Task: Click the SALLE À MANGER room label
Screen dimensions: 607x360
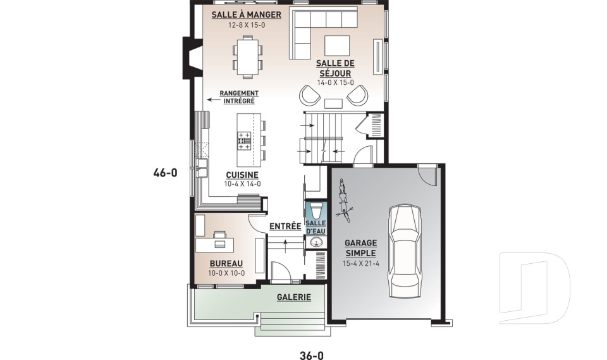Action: pos(246,15)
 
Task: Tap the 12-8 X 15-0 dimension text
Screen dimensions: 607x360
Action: pos(246,25)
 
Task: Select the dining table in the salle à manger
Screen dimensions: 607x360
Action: pos(247,57)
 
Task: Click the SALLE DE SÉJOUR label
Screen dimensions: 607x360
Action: pos(335,68)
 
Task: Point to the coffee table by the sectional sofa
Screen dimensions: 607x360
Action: pos(337,46)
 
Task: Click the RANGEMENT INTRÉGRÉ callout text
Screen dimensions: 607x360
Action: pos(239,97)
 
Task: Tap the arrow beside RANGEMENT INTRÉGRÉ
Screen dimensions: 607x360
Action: pos(212,99)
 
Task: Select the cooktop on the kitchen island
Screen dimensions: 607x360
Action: pos(244,140)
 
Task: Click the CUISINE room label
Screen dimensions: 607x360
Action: pos(242,175)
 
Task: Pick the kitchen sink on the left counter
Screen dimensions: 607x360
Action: pos(202,168)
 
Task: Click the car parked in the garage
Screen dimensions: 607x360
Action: pos(405,251)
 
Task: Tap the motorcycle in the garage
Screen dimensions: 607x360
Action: pos(344,201)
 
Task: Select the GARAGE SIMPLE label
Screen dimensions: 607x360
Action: pos(360,248)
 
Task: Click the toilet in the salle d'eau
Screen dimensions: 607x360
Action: pos(316,211)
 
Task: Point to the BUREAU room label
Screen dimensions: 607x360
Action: pos(226,264)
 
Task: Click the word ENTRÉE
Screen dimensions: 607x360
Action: pos(285,227)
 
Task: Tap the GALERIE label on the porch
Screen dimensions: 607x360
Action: pos(294,297)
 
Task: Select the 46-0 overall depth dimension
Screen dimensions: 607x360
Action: pos(165,173)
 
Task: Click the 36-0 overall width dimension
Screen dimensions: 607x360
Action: pos(312,356)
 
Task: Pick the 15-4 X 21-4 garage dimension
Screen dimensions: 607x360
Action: pos(361,264)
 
